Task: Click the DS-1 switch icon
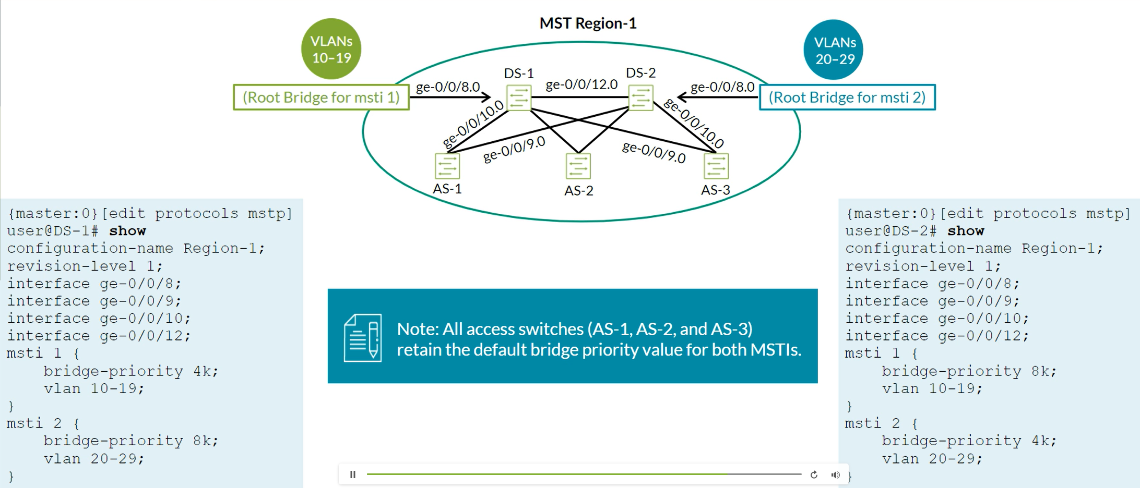(519, 97)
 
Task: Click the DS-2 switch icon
(641, 97)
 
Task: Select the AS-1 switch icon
(447, 166)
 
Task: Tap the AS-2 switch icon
(578, 166)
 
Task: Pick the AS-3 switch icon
(716, 166)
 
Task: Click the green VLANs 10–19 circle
(331, 49)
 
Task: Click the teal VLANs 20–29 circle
(834, 50)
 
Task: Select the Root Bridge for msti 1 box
(321, 97)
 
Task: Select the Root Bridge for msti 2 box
(847, 97)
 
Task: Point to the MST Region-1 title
(588, 23)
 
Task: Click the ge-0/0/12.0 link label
(581, 84)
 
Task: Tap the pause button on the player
(353, 474)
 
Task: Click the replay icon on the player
(814, 474)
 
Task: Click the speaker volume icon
(836, 474)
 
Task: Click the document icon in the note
(363, 337)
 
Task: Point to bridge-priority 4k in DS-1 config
(130, 371)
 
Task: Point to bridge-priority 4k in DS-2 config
(969, 441)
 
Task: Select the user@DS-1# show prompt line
(76, 231)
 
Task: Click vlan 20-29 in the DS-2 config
(932, 459)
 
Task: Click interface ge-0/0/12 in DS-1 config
(99, 336)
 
